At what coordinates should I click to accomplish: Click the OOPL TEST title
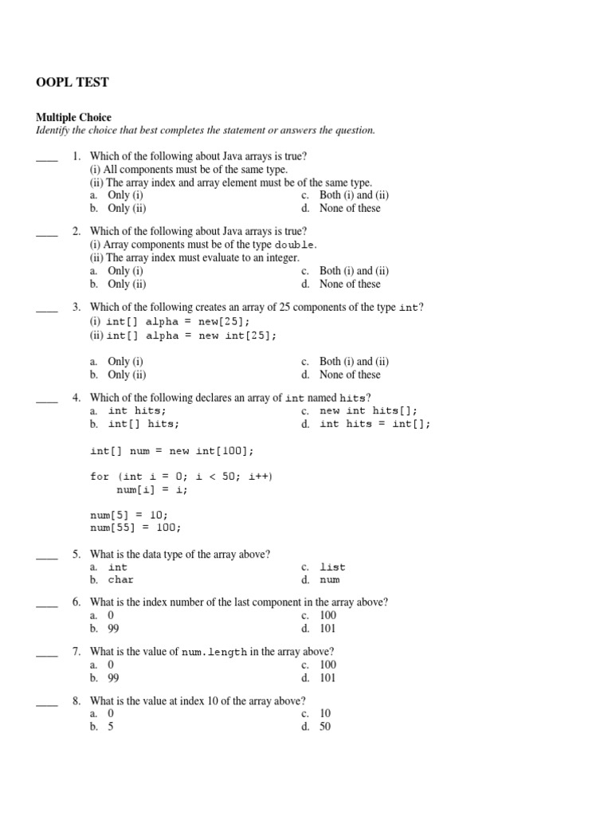tap(73, 82)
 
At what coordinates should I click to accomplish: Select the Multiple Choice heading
tap(73, 117)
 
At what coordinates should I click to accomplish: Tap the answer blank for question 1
tap(47, 157)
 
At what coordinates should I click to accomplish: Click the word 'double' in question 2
tap(295, 245)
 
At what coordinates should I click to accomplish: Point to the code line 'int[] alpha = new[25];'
tap(178, 322)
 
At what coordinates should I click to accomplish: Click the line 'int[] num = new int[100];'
tap(172, 451)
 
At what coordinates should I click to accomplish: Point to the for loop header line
tap(181, 477)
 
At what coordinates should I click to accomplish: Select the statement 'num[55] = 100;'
tap(135, 528)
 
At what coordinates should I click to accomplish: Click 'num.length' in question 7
tap(214, 652)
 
